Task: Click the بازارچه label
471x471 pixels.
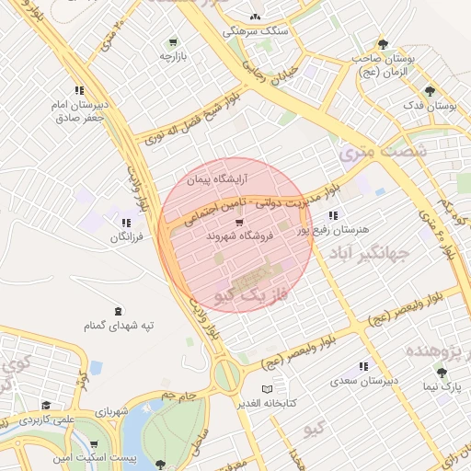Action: point(173,57)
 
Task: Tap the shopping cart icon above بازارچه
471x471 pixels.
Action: point(173,42)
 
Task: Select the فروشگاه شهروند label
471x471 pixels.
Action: point(236,236)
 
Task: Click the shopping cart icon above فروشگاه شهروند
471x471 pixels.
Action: point(239,222)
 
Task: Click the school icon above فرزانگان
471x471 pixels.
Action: point(126,223)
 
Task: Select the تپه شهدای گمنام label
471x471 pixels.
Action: point(119,326)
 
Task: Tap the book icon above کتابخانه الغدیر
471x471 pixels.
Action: point(268,390)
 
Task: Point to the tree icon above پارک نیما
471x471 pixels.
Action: point(442,373)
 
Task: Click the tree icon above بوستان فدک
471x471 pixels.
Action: point(430,90)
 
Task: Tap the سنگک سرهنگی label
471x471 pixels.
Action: point(256,30)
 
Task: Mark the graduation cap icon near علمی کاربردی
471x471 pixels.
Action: point(46,405)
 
